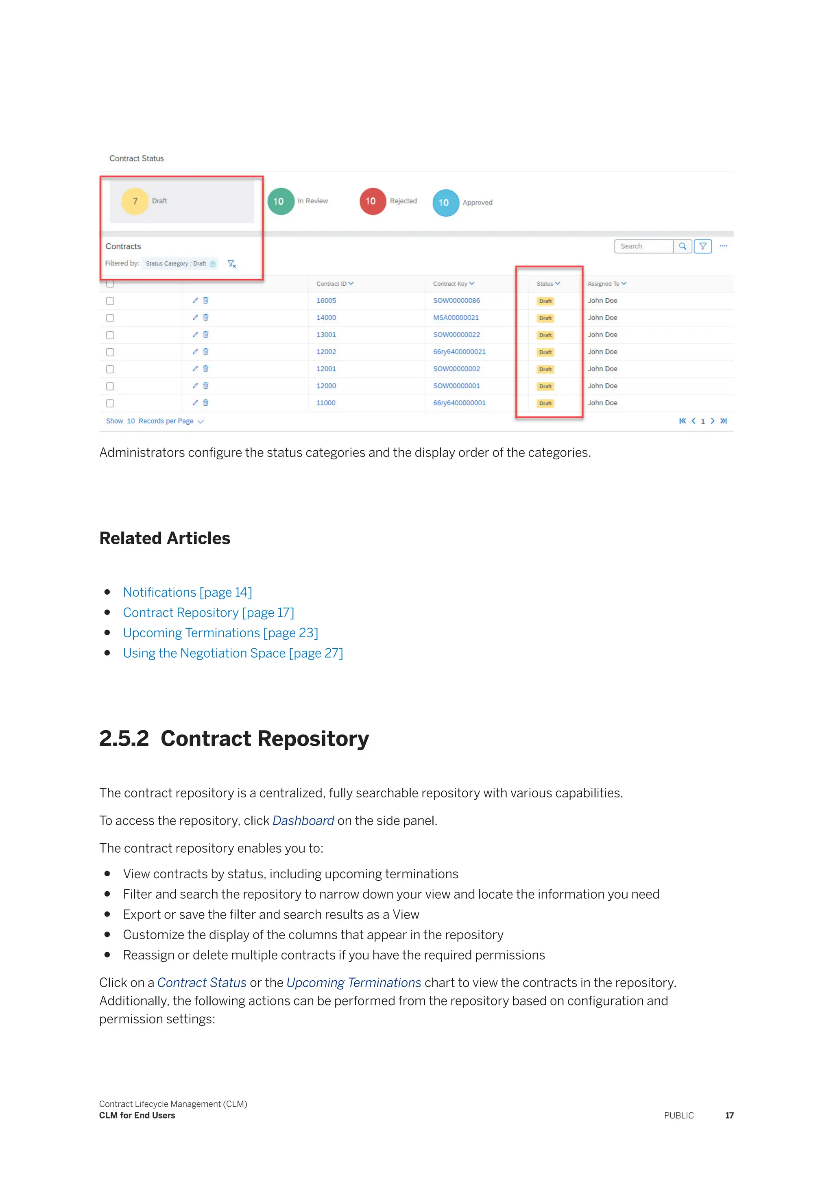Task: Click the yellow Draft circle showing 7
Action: pos(135,201)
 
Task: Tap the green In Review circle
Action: pos(281,202)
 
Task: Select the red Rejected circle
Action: pos(373,201)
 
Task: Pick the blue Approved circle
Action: pos(445,202)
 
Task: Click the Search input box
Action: pos(644,246)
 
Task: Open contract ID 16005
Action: pos(326,300)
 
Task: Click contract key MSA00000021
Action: pos(456,318)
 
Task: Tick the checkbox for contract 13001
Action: pos(110,335)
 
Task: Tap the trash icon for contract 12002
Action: pos(206,352)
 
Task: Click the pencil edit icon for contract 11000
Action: pos(195,403)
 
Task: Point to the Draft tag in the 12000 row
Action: pos(545,387)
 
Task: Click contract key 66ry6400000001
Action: pos(459,403)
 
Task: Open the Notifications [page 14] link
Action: pos(187,592)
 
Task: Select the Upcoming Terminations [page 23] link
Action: pos(220,632)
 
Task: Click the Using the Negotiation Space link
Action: pos(233,653)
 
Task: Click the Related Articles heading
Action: pos(165,538)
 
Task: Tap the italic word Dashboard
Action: pos(303,820)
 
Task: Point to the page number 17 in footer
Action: pos(729,1116)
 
